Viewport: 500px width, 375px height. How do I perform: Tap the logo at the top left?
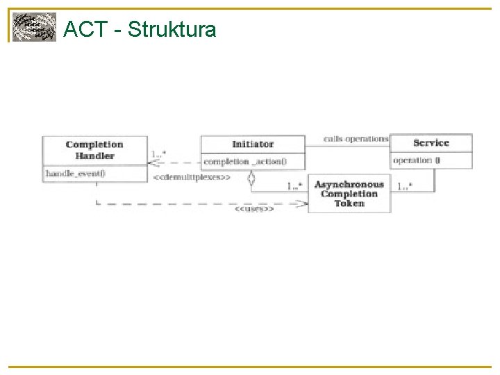coord(33,28)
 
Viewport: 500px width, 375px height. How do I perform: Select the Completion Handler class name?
coord(94,150)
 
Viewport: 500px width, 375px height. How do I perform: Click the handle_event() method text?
coord(76,173)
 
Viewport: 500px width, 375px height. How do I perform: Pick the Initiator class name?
coord(253,144)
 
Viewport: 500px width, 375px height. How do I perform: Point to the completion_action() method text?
coord(244,162)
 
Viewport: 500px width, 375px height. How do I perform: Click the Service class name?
coord(431,143)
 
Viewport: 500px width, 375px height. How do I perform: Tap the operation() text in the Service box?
coord(417,160)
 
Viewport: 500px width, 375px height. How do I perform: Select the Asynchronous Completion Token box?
coord(349,194)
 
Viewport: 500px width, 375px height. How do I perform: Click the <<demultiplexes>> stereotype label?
coord(191,177)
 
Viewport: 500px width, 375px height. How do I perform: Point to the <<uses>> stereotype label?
coord(253,208)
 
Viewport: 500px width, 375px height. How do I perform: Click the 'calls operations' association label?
coord(356,139)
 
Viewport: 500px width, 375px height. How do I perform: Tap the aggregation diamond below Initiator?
coord(252,178)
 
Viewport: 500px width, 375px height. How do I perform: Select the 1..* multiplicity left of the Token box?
coord(294,185)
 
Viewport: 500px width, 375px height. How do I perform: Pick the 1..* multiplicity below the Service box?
coord(404,185)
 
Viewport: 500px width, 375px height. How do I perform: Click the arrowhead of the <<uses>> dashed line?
coord(303,203)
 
